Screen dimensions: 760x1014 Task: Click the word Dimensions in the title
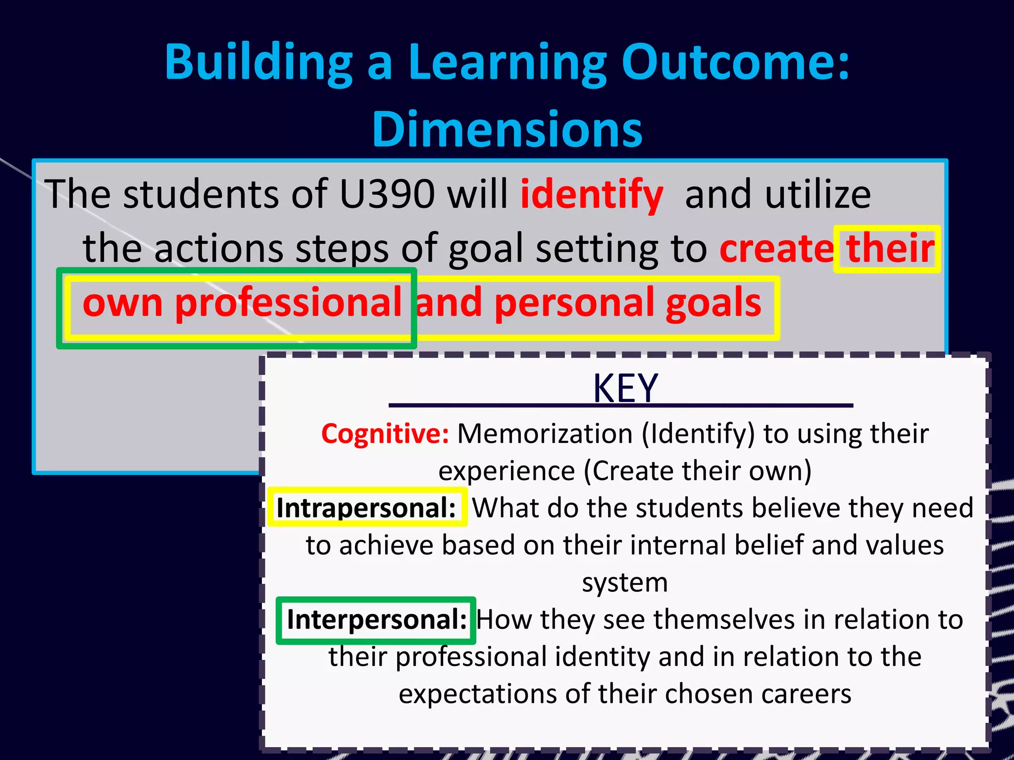click(507, 130)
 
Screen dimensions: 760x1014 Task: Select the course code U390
click(386, 194)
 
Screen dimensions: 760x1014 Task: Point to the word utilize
click(817, 194)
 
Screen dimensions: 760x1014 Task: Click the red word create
click(776, 248)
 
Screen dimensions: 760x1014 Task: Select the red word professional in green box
click(288, 303)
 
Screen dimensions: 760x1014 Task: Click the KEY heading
click(625, 388)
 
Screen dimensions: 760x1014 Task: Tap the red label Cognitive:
click(385, 434)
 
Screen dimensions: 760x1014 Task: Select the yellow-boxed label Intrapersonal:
click(366, 508)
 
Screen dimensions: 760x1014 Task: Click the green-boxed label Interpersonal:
click(377, 619)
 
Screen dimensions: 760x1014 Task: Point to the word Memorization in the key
click(545, 434)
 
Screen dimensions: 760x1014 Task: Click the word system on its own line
click(625, 582)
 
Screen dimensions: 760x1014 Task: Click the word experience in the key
click(506, 471)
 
